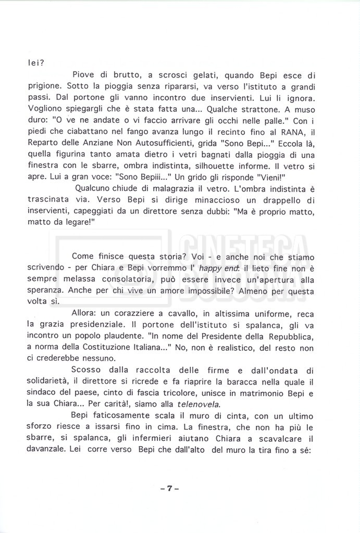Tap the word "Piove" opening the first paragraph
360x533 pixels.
pos(84,75)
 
